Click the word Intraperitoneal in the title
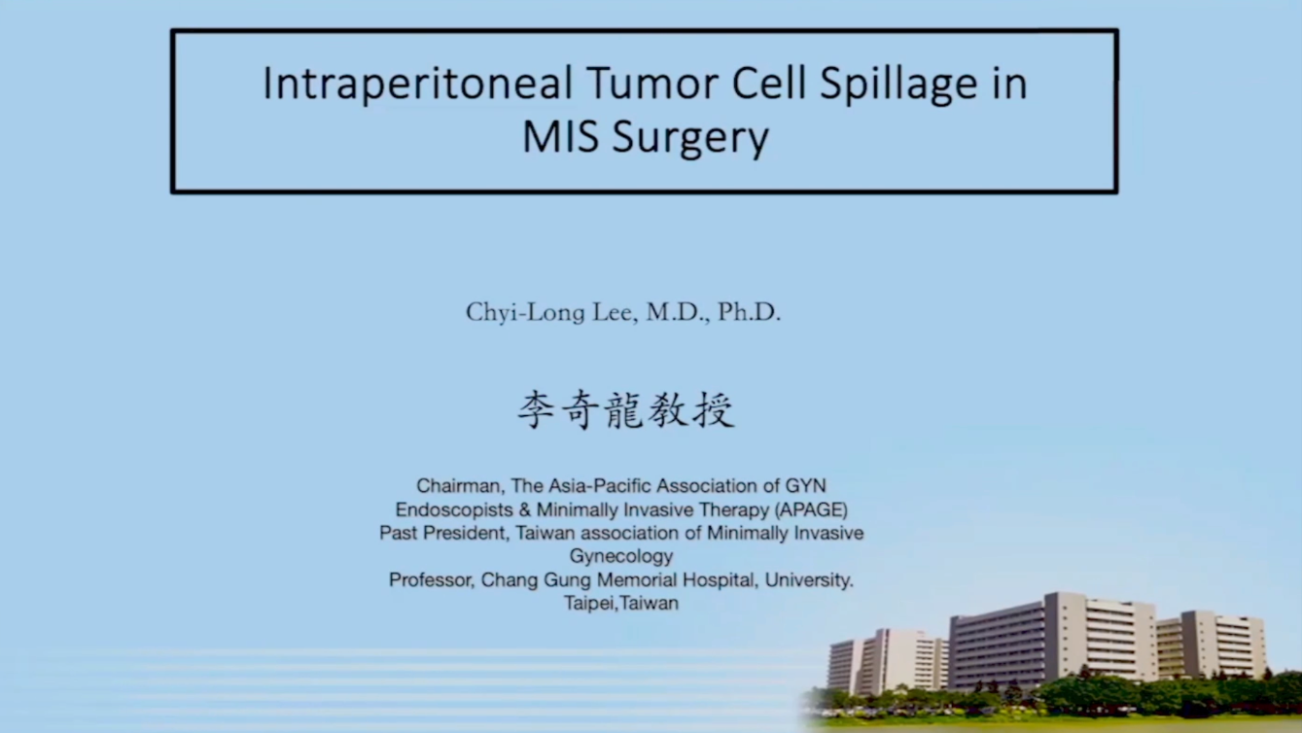coord(418,85)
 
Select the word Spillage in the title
coord(898,85)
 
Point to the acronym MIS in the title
coord(560,137)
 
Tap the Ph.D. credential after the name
coord(750,312)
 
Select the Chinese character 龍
coord(626,410)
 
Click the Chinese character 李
coord(536,410)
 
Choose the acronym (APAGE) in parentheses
coord(811,509)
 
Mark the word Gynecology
coord(621,556)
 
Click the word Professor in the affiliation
coord(431,580)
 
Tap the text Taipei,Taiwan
coord(621,604)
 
